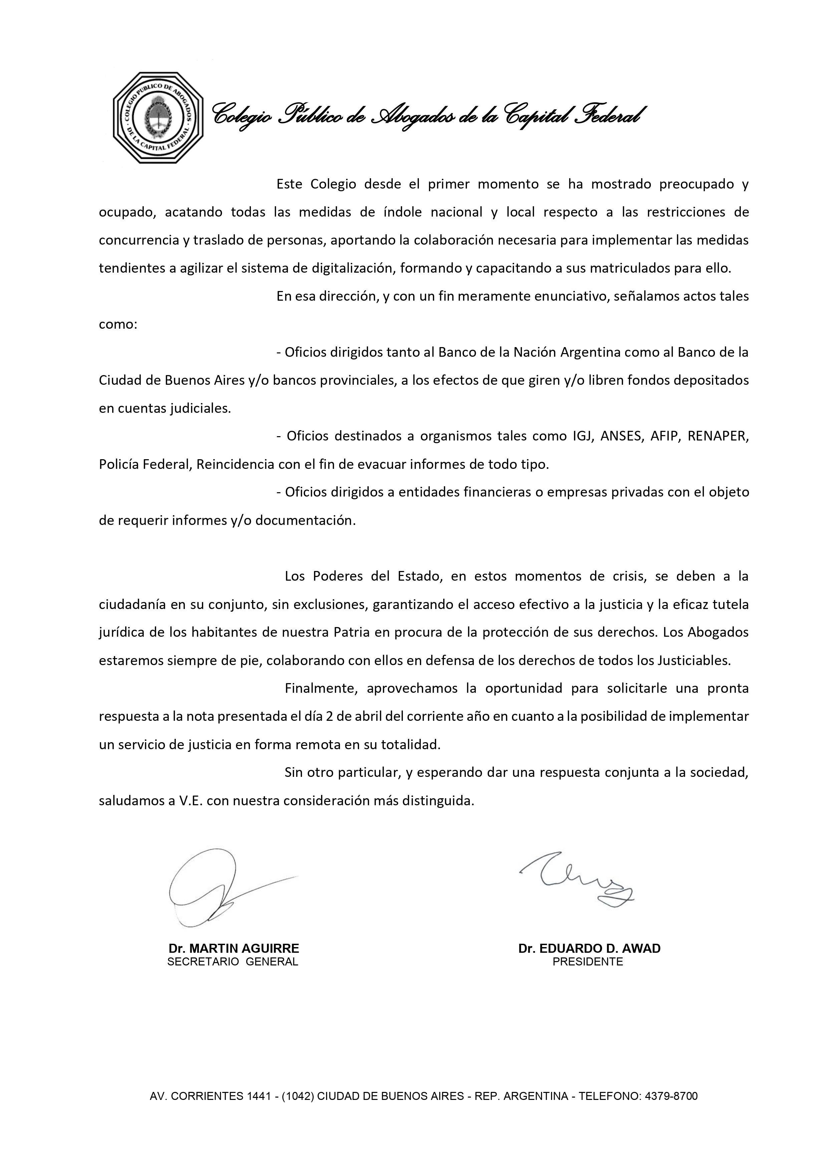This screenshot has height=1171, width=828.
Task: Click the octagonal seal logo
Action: [158, 118]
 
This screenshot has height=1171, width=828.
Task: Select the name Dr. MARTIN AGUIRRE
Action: [234, 949]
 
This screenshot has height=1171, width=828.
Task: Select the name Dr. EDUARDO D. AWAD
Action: [589, 949]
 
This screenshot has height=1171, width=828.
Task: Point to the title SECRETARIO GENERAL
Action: [233, 962]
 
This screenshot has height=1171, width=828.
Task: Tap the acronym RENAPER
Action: [718, 436]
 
